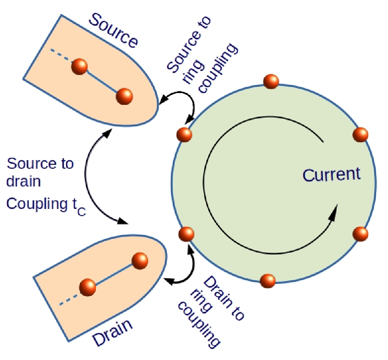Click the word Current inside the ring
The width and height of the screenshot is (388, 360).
click(x=331, y=175)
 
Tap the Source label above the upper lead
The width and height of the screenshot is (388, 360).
click(x=113, y=30)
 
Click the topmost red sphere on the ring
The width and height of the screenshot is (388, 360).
click(x=271, y=81)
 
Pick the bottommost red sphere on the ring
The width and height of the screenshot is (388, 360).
click(x=268, y=281)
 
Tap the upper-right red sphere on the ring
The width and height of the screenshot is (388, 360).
click(x=360, y=134)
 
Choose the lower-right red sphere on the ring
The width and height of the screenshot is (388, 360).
click(x=360, y=234)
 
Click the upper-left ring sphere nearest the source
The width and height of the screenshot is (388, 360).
click(x=184, y=134)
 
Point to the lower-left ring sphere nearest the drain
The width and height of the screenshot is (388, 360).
click(x=186, y=234)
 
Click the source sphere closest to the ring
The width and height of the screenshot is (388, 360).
click(x=124, y=96)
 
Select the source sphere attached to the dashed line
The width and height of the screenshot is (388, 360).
click(x=79, y=67)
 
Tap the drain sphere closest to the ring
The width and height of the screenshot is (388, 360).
click(x=140, y=261)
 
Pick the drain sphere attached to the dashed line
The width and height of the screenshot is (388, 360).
click(x=88, y=287)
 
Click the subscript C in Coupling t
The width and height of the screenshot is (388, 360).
click(x=81, y=212)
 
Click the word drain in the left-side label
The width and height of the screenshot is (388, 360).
click(x=24, y=181)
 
